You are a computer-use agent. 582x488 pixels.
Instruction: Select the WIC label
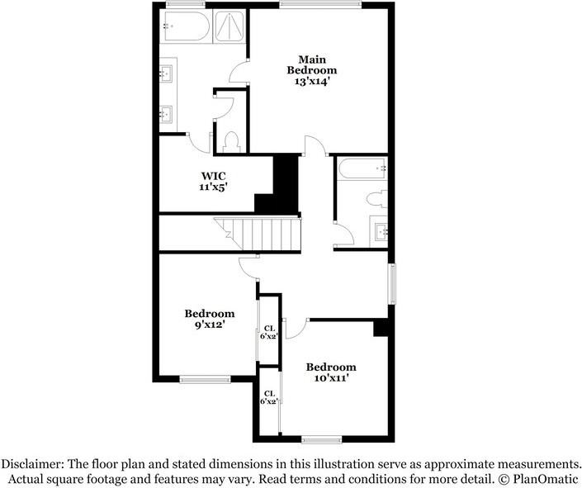(213, 175)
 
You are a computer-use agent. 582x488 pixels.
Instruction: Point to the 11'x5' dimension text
(213, 187)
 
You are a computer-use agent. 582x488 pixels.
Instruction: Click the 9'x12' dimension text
(209, 325)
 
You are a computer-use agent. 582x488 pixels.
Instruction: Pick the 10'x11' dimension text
(331, 379)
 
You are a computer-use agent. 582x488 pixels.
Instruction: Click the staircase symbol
(258, 234)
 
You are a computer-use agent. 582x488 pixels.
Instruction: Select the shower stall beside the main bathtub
(229, 29)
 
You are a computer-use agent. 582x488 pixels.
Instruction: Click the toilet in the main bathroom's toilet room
(232, 141)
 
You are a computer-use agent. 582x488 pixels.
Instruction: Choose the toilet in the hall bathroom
(376, 198)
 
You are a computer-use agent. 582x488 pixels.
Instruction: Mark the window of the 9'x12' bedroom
(205, 379)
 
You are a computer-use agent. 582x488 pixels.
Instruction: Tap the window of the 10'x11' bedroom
(321, 438)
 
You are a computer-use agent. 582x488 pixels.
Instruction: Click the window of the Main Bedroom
(319, 5)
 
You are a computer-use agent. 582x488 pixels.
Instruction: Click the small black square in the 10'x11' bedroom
(381, 328)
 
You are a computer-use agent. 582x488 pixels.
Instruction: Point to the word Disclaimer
(34, 463)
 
